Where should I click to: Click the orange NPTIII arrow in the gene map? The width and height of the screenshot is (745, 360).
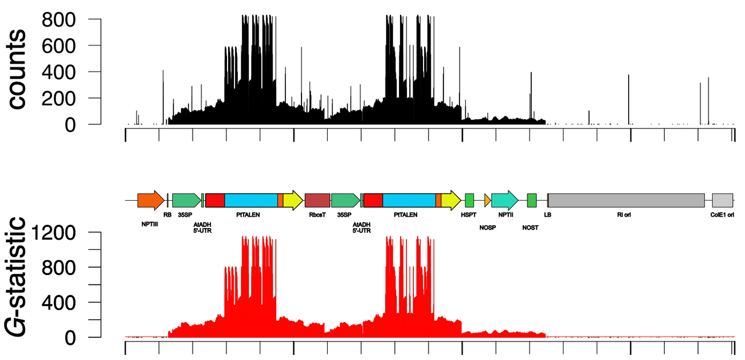150,200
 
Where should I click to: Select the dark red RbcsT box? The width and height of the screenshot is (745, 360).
317,200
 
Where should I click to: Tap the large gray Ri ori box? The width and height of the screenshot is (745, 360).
626,200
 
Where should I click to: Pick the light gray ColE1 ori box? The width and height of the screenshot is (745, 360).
722,200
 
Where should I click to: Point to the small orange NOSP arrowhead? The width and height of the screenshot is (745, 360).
488,200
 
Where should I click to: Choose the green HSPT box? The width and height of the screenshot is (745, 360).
469,200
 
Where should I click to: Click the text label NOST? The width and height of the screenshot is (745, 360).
531,228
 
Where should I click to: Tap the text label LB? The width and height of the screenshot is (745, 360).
547,216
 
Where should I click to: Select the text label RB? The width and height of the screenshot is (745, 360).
167,216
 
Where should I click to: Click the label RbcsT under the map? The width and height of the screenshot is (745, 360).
317,216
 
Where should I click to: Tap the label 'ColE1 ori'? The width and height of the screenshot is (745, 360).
722,216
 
